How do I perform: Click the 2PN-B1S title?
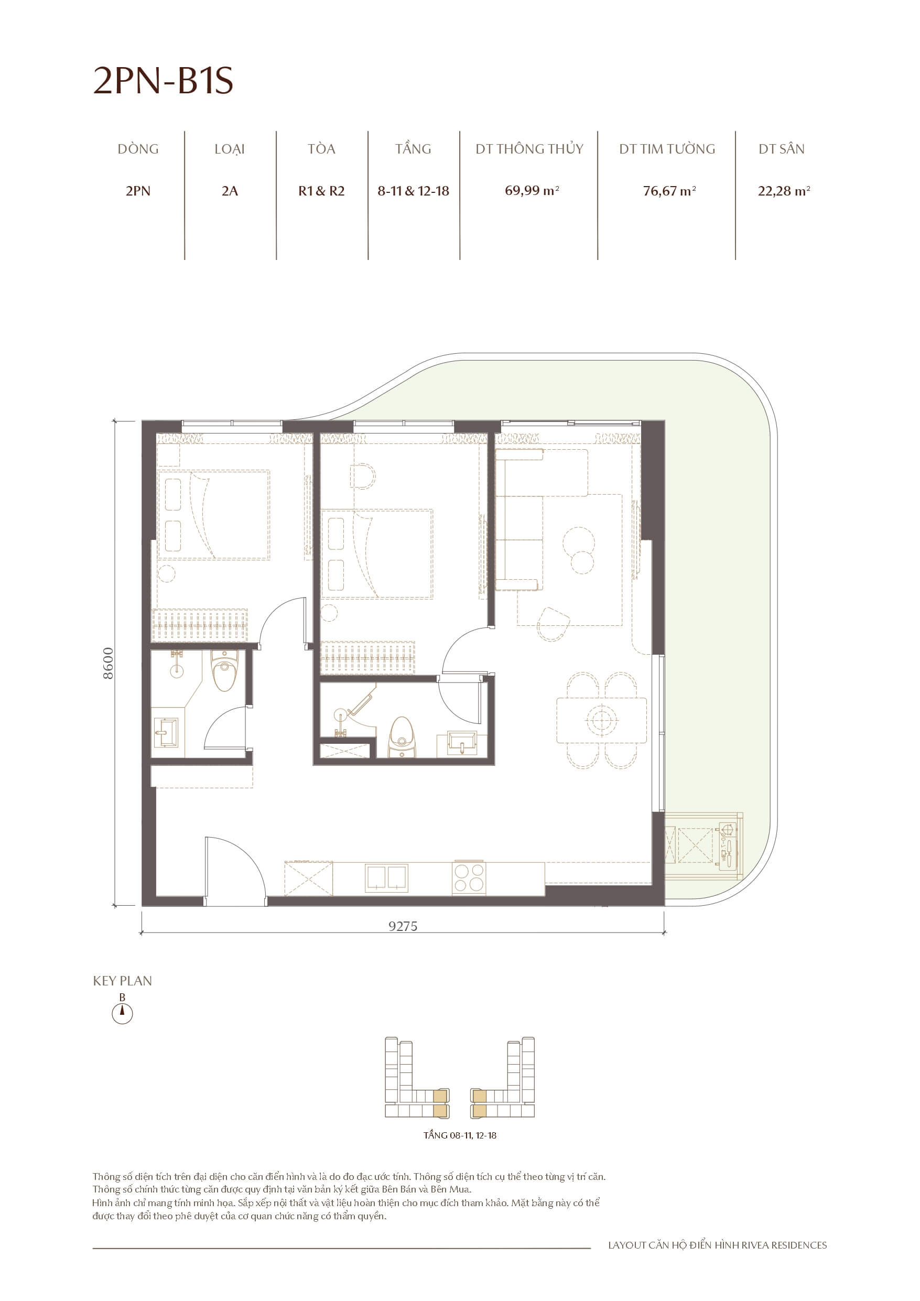pyautogui.click(x=163, y=81)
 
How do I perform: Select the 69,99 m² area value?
pyautogui.click(x=532, y=190)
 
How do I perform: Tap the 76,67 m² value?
pyautogui.click(x=669, y=191)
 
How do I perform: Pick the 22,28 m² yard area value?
pyautogui.click(x=783, y=191)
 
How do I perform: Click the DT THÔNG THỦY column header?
pyautogui.click(x=529, y=149)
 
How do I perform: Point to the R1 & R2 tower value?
pyautogui.click(x=321, y=191)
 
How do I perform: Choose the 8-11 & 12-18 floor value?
pyautogui.click(x=413, y=191)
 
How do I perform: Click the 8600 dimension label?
pyautogui.click(x=107, y=663)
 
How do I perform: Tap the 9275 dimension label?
pyautogui.click(x=403, y=926)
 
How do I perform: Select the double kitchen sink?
pyautogui.click(x=386, y=877)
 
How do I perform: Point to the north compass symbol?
pyautogui.click(x=122, y=1013)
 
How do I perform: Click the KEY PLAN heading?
pyautogui.click(x=123, y=981)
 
